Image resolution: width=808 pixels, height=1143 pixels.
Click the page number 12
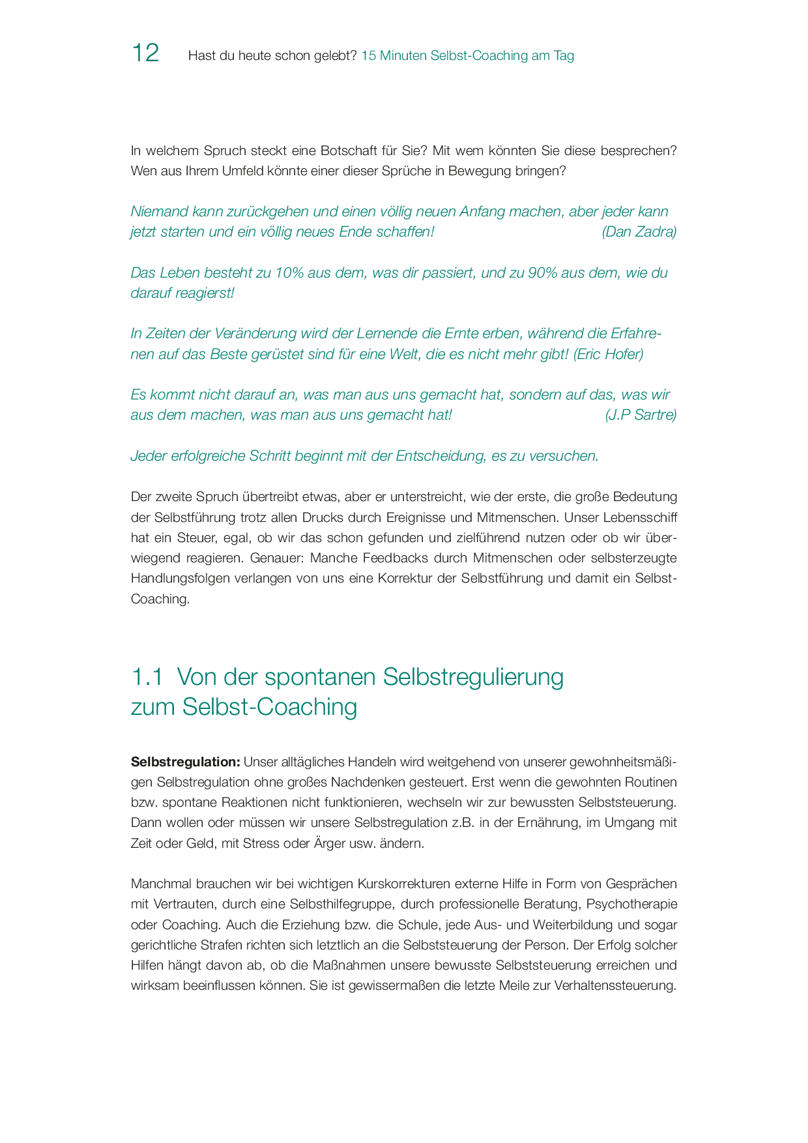(x=145, y=53)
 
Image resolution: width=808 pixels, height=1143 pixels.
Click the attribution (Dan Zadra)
(x=639, y=232)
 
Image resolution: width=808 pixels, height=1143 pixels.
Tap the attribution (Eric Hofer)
(x=608, y=354)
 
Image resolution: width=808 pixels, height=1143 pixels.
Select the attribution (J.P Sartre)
(x=641, y=415)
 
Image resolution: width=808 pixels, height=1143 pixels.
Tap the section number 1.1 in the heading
(x=147, y=677)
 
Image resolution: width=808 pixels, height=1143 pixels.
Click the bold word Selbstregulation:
(x=186, y=762)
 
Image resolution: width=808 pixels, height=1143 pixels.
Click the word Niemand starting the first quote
(x=158, y=212)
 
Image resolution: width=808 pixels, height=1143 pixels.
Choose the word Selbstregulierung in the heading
(x=473, y=677)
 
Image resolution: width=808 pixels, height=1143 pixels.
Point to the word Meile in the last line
(x=514, y=985)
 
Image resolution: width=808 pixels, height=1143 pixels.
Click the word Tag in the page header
(x=564, y=56)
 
